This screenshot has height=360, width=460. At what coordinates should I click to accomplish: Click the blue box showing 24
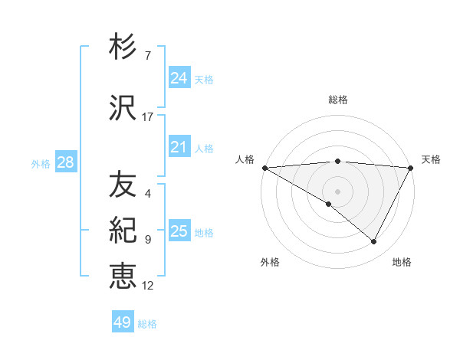[x=179, y=78]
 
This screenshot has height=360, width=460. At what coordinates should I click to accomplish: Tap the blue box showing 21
[x=179, y=147]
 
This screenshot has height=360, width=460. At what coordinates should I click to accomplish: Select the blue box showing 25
[x=179, y=231]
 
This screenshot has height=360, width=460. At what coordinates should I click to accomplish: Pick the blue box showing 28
[x=65, y=162]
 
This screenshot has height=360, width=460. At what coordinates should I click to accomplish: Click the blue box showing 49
[x=123, y=322]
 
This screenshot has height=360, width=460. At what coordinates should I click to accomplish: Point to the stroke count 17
[x=148, y=117]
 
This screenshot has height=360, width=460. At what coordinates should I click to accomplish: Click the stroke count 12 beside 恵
[x=148, y=286]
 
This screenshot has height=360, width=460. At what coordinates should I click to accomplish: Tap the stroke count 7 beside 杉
[x=148, y=56]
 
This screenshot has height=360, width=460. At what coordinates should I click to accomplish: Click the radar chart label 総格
[x=337, y=100]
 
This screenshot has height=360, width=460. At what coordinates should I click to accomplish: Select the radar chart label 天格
[x=431, y=159]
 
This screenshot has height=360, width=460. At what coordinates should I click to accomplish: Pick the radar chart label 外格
[x=270, y=262]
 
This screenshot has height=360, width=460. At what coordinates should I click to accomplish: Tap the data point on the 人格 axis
[x=264, y=167]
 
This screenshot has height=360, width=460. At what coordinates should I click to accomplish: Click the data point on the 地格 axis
[x=374, y=241]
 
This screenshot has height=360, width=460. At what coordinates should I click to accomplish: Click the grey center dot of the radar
[x=337, y=191]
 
